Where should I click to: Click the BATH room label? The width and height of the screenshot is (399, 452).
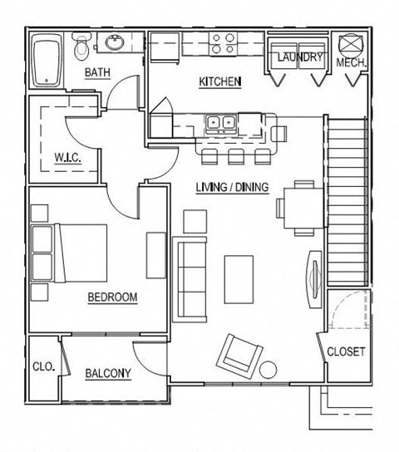click(x=97, y=73)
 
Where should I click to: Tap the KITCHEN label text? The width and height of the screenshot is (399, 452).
click(x=220, y=81)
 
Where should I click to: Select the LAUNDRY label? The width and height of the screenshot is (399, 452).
click(x=298, y=57)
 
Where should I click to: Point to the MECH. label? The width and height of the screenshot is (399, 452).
click(x=352, y=63)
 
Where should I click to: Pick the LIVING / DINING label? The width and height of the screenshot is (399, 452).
click(x=232, y=187)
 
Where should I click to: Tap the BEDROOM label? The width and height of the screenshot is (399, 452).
click(x=111, y=297)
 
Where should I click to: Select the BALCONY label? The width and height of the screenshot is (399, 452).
click(x=108, y=373)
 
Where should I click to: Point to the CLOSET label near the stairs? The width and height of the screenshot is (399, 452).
click(x=346, y=351)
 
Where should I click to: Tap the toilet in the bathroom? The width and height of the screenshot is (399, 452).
click(x=81, y=48)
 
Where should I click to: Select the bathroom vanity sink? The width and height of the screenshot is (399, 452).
click(x=111, y=43)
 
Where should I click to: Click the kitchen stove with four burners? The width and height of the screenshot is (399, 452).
click(x=222, y=43)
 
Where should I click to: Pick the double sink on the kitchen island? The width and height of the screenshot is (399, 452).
click(x=220, y=125)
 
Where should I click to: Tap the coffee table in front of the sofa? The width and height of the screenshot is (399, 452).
click(x=239, y=278)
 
